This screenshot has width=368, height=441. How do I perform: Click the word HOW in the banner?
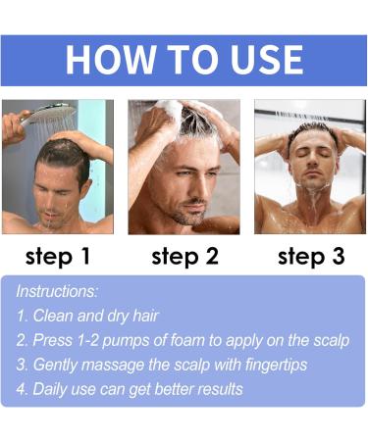pyautogui.click(x=106, y=59)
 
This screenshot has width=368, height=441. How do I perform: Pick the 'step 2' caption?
pyautogui.click(x=184, y=257)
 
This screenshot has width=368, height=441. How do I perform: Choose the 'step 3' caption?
pyautogui.click(x=310, y=257)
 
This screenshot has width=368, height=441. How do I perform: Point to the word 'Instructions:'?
pyautogui.click(x=58, y=293)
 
